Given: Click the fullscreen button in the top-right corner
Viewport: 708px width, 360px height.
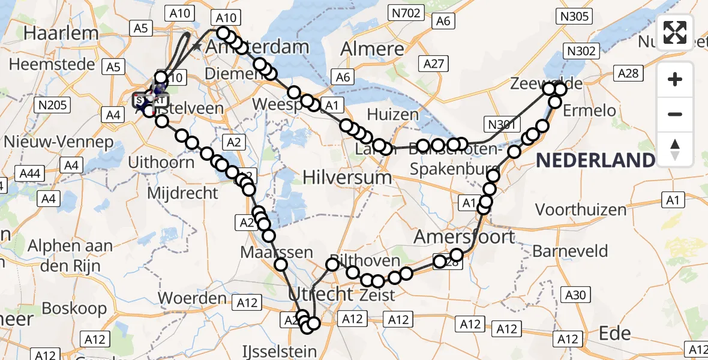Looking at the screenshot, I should pyautogui.click(x=675, y=32).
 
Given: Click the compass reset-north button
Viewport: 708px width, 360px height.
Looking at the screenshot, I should pyautogui.click(x=675, y=149).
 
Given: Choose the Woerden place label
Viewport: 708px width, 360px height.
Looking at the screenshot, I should pyautogui.click(x=192, y=297).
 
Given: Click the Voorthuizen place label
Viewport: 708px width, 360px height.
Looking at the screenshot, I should pyautogui.click(x=581, y=209).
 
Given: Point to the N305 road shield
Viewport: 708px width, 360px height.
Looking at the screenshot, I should pyautogui.click(x=574, y=16).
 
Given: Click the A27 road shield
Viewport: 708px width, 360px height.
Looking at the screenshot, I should pyautogui.click(x=433, y=64).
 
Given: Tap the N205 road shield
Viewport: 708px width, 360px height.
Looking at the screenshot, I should pyautogui.click(x=50, y=106).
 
